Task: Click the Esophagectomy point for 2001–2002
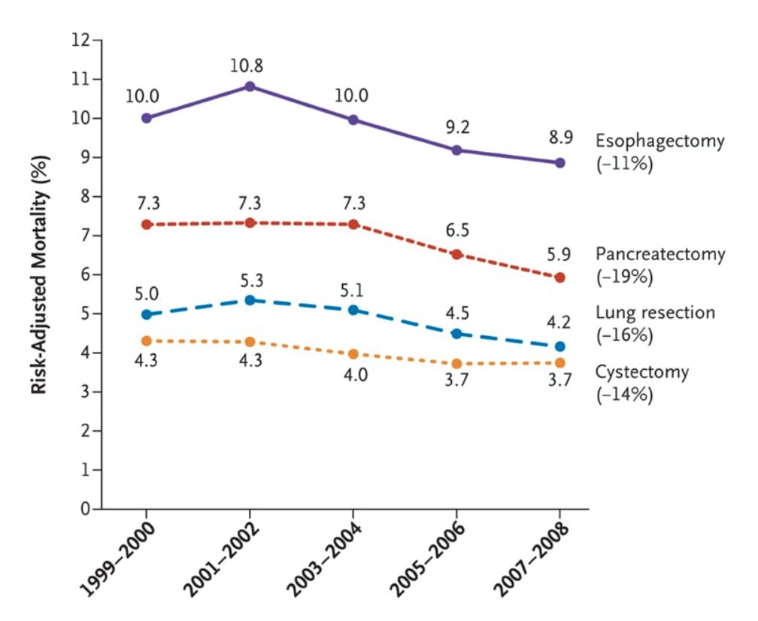pyautogui.click(x=250, y=86)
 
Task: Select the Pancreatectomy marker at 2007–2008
pyautogui.click(x=559, y=277)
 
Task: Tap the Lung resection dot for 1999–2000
pyautogui.click(x=147, y=314)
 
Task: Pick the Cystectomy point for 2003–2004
pyautogui.click(x=353, y=353)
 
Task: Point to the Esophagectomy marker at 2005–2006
pyautogui.click(x=456, y=150)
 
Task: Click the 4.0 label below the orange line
pyautogui.click(x=353, y=375)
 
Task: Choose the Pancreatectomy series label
pyautogui.click(x=660, y=254)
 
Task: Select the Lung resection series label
pyautogui.click(x=655, y=313)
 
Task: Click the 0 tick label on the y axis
pyautogui.click(x=85, y=509)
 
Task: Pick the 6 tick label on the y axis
pyautogui.click(x=85, y=274)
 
